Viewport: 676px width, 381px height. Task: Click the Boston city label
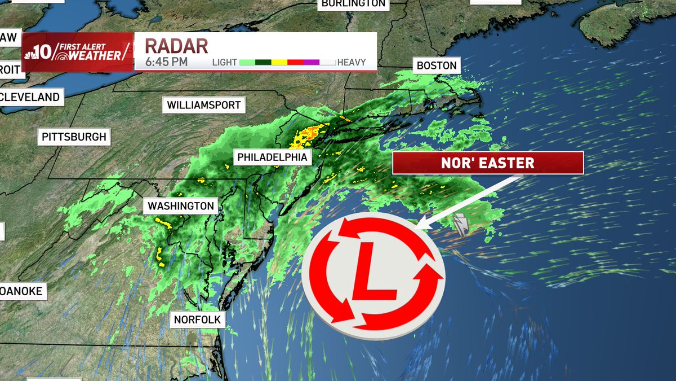(x=437, y=65)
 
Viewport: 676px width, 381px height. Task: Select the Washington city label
(x=181, y=206)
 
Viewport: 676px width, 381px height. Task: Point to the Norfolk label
(x=198, y=319)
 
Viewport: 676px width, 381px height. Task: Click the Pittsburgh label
(x=74, y=137)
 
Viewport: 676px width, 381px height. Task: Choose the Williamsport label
(x=204, y=105)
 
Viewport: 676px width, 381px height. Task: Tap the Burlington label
(x=353, y=3)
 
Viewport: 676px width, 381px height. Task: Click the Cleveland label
(x=31, y=97)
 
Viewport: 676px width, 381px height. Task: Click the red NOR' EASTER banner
(x=488, y=164)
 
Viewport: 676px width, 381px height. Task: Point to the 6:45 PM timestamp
(x=167, y=62)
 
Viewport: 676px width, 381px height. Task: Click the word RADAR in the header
(x=177, y=46)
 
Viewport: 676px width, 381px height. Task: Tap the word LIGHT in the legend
(x=225, y=63)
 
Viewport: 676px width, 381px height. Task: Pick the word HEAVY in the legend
(x=352, y=63)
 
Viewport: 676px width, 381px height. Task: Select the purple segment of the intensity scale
(x=312, y=63)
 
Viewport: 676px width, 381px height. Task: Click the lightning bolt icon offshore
(x=461, y=225)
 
